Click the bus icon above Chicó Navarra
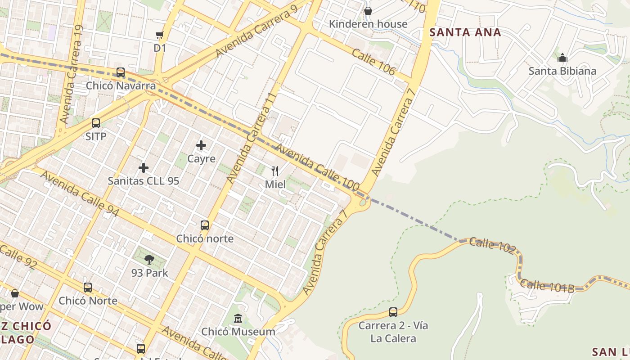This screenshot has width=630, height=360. [120, 72]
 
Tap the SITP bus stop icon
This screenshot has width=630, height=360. [96, 123]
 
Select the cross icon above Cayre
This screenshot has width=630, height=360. [201, 145]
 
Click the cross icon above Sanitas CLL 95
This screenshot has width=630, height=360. [144, 168]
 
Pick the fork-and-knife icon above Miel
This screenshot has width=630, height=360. [275, 171]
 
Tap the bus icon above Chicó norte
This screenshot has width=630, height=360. [205, 225]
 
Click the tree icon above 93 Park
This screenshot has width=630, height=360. [149, 259]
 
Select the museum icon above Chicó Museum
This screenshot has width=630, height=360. [238, 319]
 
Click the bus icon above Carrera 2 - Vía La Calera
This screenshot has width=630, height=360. [393, 312]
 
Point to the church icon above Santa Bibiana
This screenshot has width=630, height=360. [562, 58]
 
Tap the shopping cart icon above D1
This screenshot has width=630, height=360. [159, 35]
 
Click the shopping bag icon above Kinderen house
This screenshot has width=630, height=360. [368, 11]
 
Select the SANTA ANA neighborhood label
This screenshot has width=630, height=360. [465, 32]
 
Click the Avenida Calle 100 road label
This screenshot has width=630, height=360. [317, 167]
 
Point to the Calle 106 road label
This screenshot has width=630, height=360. [373, 62]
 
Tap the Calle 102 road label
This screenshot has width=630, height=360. [491, 245]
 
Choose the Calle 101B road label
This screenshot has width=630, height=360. [547, 286]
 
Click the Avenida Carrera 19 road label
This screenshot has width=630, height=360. [72, 74]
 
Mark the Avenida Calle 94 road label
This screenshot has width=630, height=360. [80, 193]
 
